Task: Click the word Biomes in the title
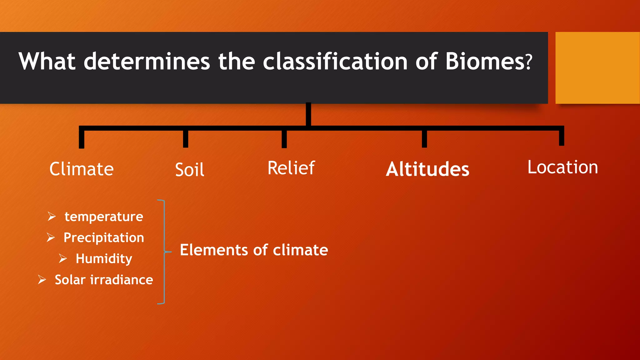(484, 61)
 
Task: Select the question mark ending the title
(528, 62)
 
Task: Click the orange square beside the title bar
(597, 68)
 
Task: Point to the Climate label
(82, 169)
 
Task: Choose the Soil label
(189, 170)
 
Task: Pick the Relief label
(291, 168)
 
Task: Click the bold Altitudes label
(427, 169)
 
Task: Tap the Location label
(562, 167)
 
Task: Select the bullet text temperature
(104, 217)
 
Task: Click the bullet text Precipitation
(104, 238)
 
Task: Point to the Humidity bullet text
(104, 259)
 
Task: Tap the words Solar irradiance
(104, 280)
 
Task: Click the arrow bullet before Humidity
(63, 258)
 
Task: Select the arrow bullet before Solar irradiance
(42, 279)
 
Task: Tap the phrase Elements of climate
(254, 250)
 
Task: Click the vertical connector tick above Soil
(186, 138)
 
